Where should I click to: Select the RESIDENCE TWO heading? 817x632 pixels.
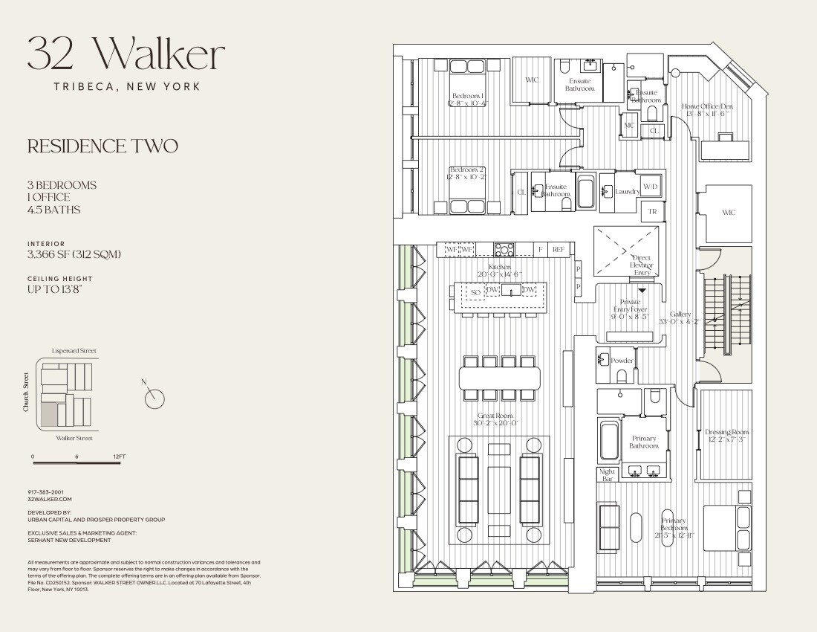102,146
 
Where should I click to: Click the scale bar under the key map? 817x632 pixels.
77,463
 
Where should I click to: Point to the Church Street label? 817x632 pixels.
26,393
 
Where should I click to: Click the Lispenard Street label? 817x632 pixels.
74,350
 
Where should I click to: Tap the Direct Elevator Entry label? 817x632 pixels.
642,265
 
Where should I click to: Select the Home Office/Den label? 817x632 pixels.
706,109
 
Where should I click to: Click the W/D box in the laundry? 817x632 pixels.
651,187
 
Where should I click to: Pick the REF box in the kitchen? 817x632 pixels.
559,250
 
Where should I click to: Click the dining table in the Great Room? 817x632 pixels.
499,378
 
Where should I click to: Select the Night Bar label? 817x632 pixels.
608,475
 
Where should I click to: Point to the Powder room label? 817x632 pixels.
622,361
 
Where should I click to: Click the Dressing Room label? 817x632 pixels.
727,436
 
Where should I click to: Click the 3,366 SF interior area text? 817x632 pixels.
74,254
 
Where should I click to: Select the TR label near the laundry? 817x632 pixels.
653,212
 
